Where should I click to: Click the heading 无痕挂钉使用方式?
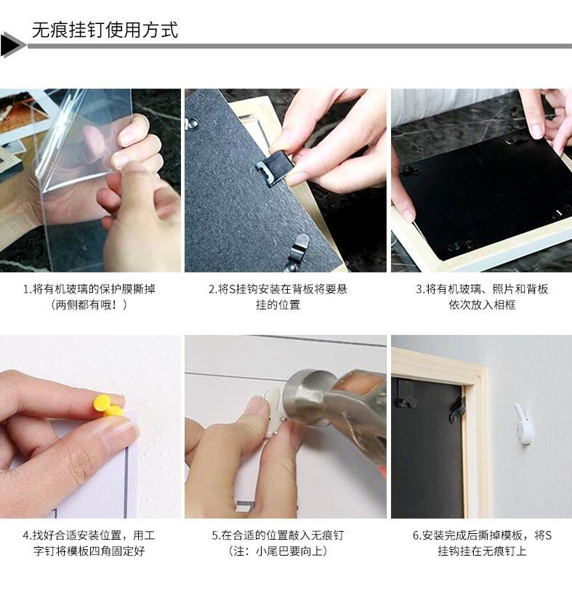pyautogui.click(x=105, y=30)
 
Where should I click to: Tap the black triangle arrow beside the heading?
pyautogui.click(x=12, y=45)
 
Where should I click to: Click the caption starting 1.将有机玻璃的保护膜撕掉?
pyautogui.click(x=89, y=289)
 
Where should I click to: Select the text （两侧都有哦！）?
pyautogui.click(x=89, y=305)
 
